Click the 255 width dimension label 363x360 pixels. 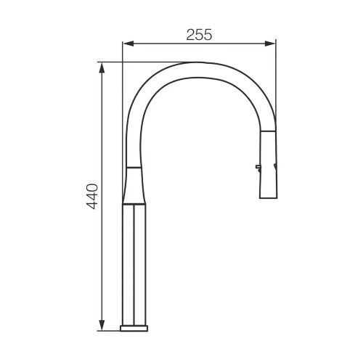199,35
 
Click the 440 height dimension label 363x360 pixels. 92,197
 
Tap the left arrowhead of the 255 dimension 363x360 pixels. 128,44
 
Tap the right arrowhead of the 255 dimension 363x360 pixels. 270,44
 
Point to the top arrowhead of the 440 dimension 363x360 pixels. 102,67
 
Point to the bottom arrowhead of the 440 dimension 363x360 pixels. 102,325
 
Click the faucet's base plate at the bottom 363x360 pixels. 134,328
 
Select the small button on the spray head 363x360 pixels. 258,166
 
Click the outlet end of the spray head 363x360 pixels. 269,198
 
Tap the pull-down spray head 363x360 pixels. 268,165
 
